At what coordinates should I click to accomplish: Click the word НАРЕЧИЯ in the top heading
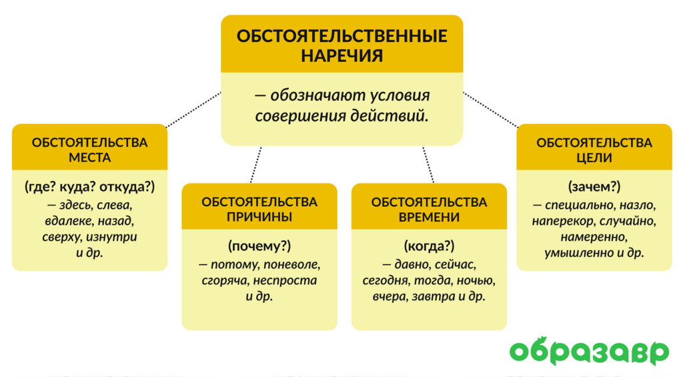[x=342, y=56]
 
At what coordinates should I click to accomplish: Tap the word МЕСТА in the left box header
[x=90, y=157]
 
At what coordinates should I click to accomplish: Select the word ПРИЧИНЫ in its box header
[x=259, y=217]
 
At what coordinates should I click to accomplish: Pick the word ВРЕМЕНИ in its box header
[x=429, y=217]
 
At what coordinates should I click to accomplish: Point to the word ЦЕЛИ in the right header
[x=594, y=157]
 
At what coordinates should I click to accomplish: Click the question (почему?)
[x=259, y=246]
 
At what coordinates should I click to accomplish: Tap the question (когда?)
[x=429, y=246]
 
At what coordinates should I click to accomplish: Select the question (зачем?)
[x=594, y=187]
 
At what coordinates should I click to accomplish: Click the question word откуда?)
[x=127, y=187]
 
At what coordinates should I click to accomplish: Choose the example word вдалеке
[x=69, y=221]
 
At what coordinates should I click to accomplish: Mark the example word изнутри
[x=111, y=237]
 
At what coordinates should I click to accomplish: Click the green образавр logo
[x=589, y=351]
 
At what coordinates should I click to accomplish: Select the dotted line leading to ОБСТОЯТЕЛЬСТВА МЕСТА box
[x=194, y=110]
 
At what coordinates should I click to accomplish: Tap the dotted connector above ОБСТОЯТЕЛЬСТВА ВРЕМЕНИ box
[x=428, y=164]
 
